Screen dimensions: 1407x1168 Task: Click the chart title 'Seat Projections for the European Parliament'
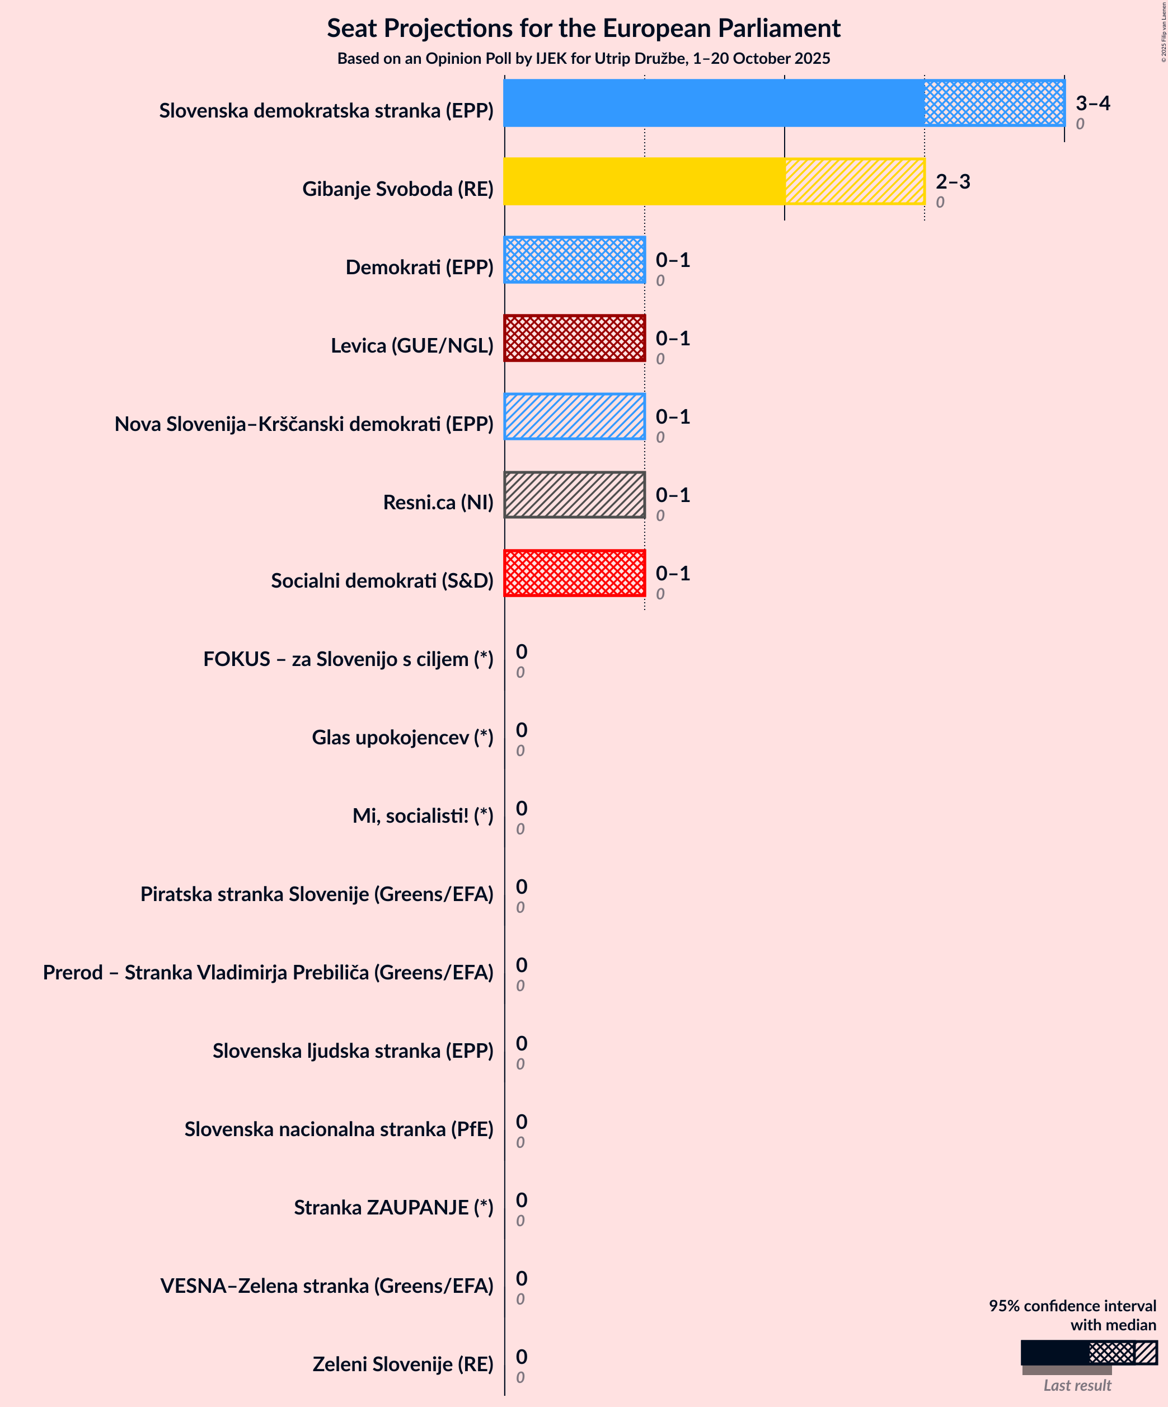coord(583,29)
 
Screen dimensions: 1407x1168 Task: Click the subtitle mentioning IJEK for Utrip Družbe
coord(583,59)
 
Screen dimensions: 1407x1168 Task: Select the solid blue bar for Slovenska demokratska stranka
coord(714,103)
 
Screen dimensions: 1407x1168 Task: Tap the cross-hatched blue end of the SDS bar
coord(994,103)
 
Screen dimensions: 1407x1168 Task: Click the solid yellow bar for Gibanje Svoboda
coord(644,181)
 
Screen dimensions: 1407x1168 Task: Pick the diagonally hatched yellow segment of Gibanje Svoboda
coord(855,181)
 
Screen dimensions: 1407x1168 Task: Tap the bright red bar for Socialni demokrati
coord(574,574)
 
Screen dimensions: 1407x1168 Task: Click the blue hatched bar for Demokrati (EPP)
coord(574,260)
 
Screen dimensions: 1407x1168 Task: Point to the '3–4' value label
coord(1092,103)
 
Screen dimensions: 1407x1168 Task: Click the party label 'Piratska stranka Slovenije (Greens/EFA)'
coord(316,894)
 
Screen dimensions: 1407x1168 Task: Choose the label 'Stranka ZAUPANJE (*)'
coord(393,1207)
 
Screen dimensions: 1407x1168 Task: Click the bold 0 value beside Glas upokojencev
coord(522,730)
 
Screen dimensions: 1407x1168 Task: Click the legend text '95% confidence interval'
coord(1072,1306)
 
